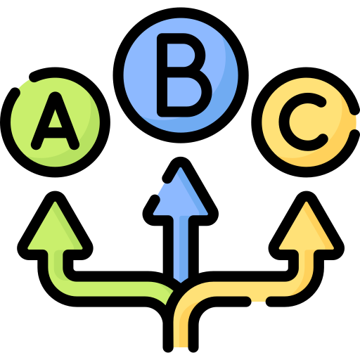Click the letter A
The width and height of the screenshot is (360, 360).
click(55, 122)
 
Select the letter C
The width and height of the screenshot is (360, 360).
click(302, 122)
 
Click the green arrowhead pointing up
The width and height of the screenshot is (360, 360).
click(55, 226)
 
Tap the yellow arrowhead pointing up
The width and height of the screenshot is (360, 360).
click(307, 226)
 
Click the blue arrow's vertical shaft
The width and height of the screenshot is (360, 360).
click(181, 248)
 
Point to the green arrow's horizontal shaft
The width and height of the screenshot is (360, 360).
click(110, 289)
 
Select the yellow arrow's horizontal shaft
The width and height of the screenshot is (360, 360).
click(246, 289)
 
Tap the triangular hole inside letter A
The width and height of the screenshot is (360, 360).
click(55, 119)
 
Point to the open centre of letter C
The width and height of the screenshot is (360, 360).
click(304, 122)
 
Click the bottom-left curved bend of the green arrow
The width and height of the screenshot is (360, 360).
click(51, 290)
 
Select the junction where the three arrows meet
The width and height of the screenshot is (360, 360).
click(179, 287)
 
